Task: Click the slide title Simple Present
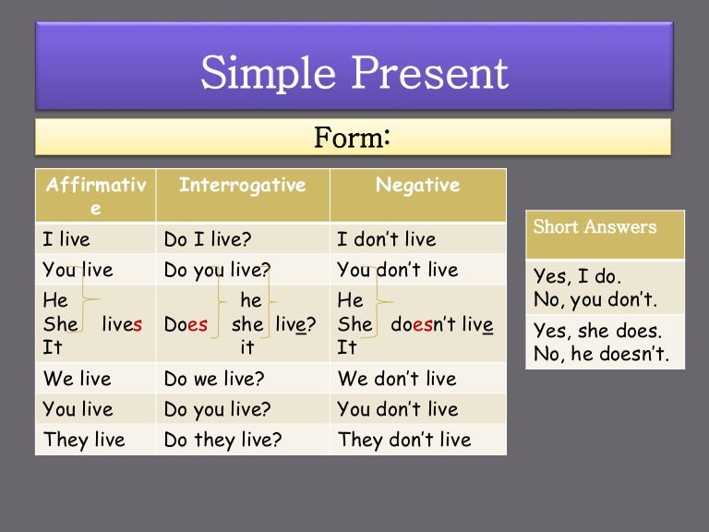point(354,72)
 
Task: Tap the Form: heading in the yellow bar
point(354,138)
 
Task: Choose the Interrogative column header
point(242,185)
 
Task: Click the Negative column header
point(417,185)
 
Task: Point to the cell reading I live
point(66,239)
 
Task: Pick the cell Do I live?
point(207,239)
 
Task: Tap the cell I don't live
point(386,239)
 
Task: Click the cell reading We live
point(77,379)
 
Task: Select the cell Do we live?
point(214,379)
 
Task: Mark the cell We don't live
point(397,379)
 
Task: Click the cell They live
point(84,440)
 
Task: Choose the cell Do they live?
point(222,440)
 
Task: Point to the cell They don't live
point(404,440)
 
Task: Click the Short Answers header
point(595,227)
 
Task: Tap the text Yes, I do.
point(578,276)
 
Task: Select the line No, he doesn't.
point(602,353)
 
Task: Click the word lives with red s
point(122,324)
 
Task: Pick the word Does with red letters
point(186,324)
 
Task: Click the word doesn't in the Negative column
point(425,324)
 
